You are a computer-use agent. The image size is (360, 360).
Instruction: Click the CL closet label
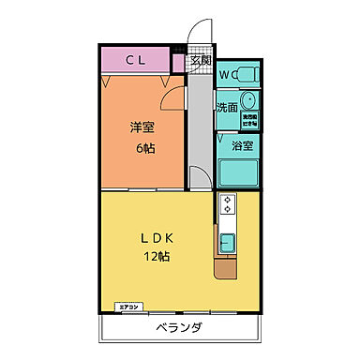point(135,61)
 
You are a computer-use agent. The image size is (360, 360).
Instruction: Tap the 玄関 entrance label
point(200,61)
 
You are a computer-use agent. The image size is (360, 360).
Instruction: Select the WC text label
point(228,75)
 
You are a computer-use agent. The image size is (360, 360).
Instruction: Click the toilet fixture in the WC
point(248,75)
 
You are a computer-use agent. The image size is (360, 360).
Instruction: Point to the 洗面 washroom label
point(228,107)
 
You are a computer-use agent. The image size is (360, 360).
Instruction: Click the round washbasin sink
point(249,100)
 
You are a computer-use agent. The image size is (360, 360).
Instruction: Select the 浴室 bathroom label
point(242,144)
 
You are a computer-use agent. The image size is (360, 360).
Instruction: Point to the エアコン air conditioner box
point(128,307)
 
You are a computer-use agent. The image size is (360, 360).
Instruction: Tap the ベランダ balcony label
point(178,327)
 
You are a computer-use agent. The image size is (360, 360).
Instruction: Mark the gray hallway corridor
point(199,122)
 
